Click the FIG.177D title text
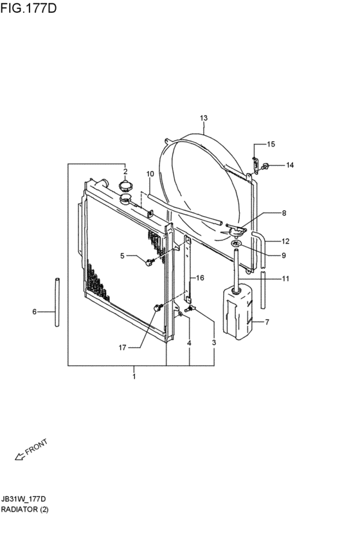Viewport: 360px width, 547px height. [28, 8]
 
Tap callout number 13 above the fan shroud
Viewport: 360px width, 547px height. [204, 118]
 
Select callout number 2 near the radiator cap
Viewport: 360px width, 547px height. [125, 171]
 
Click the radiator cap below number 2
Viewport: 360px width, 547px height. [125, 186]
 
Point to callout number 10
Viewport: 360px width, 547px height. [150, 174]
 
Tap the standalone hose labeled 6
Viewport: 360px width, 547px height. [57, 302]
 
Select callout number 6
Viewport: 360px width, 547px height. [34, 312]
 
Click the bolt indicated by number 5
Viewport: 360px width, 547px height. [150, 262]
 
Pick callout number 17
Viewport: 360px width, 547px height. [122, 348]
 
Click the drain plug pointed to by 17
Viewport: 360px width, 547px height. [158, 307]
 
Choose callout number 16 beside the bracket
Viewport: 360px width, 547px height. [200, 278]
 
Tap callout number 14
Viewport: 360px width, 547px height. [290, 165]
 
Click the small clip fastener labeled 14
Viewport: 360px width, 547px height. [265, 166]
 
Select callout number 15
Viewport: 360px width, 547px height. [271, 144]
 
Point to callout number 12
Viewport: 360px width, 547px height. [285, 241]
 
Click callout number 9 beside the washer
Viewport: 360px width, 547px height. [283, 255]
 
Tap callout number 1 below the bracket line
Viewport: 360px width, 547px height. [134, 377]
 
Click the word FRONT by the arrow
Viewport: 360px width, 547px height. [36, 447]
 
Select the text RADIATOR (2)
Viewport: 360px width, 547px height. [25, 509]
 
